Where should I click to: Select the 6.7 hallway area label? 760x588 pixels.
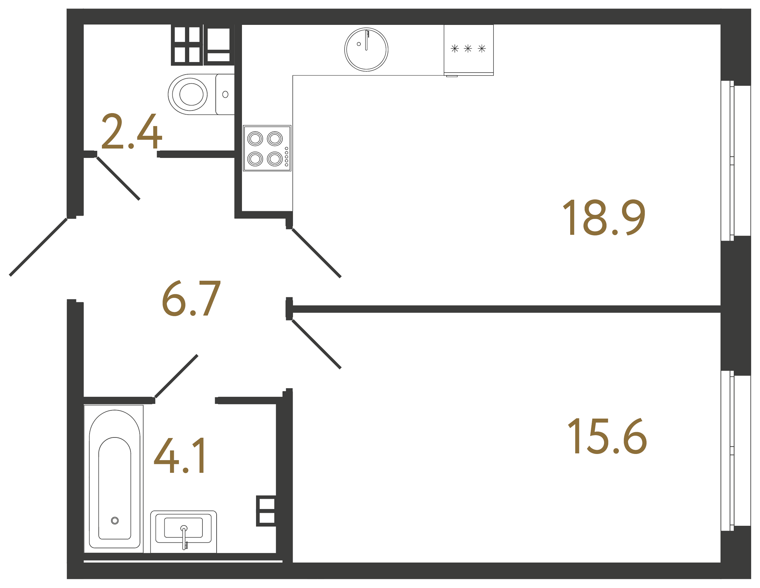(192, 298)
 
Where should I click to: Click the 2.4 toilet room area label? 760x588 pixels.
(132, 132)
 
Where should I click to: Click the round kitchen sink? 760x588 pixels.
(366, 50)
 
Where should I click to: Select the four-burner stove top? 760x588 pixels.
(267, 148)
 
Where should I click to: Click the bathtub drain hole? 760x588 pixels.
(115, 521)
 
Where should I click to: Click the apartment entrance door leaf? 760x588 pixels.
(38, 247)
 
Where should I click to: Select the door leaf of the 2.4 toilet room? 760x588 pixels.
(118, 178)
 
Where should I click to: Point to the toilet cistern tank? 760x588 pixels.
(225, 94)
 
